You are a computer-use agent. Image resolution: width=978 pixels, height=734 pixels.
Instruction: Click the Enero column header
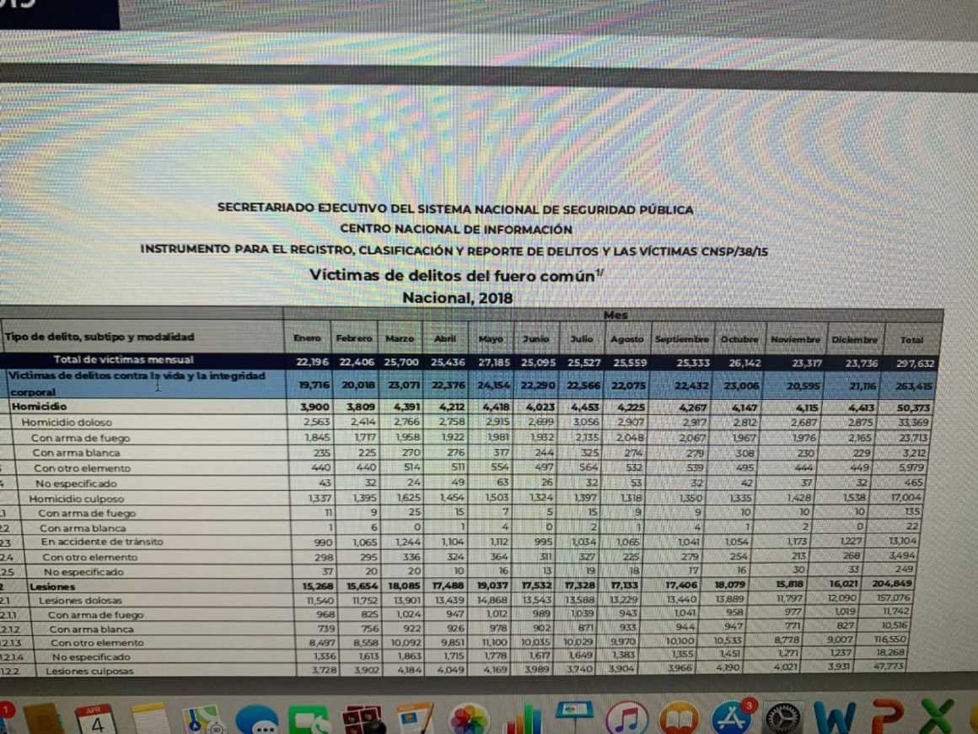point(307,338)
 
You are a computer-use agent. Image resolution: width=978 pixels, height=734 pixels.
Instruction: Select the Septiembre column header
point(682,339)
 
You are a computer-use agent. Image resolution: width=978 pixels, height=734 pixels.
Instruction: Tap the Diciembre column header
point(854,339)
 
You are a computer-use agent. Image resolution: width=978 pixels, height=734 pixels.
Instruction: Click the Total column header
point(911,340)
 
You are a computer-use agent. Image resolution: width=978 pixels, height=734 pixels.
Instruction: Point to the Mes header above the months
point(615,315)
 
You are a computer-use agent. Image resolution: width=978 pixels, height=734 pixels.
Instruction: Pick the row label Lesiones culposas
point(89,672)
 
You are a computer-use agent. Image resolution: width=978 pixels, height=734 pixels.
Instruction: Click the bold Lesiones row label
point(52,586)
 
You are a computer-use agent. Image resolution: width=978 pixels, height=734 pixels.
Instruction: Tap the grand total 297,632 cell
point(911,363)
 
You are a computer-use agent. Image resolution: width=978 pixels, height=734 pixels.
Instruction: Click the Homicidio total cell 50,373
point(910,408)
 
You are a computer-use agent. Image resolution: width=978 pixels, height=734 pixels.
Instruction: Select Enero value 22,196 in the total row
point(311,362)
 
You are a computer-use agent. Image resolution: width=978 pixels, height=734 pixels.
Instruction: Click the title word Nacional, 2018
point(457,297)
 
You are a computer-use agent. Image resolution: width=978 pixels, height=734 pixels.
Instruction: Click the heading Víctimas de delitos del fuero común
point(455,274)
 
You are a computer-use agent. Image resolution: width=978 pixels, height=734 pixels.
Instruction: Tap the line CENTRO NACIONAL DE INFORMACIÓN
point(456,229)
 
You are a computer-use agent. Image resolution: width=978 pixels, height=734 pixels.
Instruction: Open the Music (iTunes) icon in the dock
point(626,718)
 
